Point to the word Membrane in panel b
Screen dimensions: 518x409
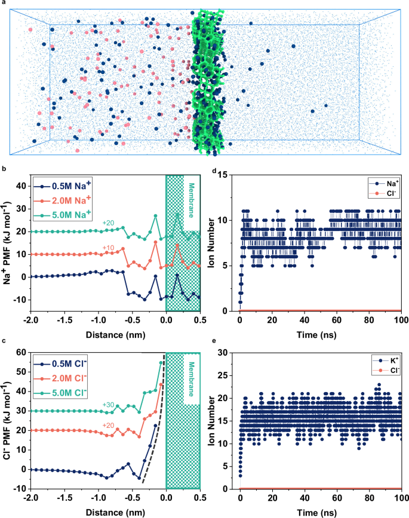[191, 202]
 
